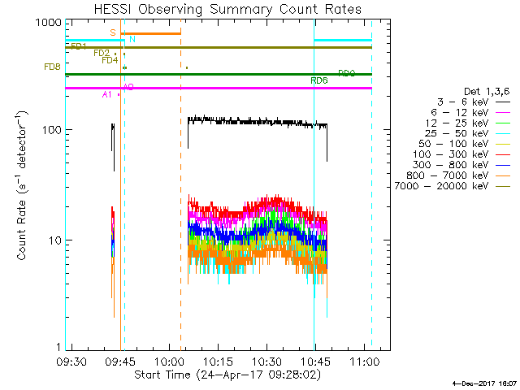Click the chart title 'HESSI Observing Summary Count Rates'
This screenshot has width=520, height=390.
tap(227, 9)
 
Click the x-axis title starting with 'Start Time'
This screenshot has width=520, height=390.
tap(227, 375)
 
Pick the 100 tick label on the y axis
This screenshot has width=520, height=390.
tap(50, 130)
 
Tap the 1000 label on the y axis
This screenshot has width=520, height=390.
tap(46, 23)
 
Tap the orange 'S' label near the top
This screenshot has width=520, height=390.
tap(112, 32)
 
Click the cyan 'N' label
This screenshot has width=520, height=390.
tap(132, 39)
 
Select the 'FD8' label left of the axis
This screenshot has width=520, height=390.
tap(51, 67)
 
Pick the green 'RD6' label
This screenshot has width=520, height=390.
tap(319, 80)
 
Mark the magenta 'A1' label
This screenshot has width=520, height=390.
tap(106, 95)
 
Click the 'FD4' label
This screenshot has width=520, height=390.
tap(110, 60)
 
